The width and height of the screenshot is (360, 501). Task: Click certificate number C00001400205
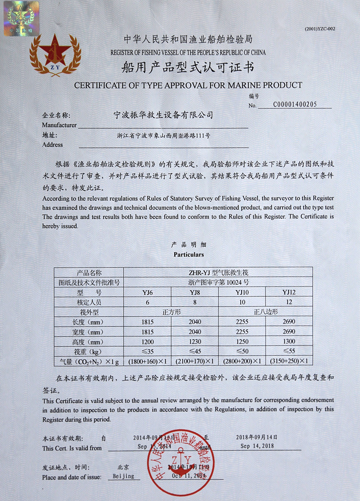pos(295,104)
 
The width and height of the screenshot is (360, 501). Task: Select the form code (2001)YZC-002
pos(320,29)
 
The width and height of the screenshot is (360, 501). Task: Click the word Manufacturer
pos(59,125)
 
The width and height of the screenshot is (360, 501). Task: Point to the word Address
pos(52,145)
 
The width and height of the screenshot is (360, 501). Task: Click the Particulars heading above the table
pos(189,255)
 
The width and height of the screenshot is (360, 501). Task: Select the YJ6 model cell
pos(148,293)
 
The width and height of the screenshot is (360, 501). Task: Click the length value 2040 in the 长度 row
pos(195,322)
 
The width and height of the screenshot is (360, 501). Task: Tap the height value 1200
pos(148,342)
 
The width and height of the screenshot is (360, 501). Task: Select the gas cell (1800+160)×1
pos(148,361)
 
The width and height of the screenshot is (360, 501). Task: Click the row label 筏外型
pos(89,312)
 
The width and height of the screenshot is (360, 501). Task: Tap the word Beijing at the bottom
pos(123,476)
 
